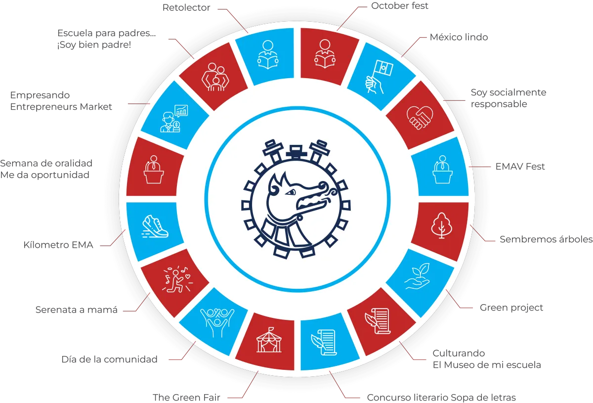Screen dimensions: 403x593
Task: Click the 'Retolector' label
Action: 187,8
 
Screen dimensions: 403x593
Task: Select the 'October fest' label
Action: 400,7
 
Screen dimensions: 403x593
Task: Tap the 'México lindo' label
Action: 460,38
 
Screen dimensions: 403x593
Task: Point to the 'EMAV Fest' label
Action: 520,167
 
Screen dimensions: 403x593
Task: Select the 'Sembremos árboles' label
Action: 546,240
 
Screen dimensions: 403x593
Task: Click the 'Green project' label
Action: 511,308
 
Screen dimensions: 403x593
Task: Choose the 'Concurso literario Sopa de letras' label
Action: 442,398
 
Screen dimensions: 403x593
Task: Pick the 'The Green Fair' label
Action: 186,397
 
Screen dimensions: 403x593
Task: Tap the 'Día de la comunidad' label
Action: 109,359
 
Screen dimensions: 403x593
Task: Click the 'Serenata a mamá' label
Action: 77,311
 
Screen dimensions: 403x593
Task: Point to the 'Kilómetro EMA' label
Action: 59,245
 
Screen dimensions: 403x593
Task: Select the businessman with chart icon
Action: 174,118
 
